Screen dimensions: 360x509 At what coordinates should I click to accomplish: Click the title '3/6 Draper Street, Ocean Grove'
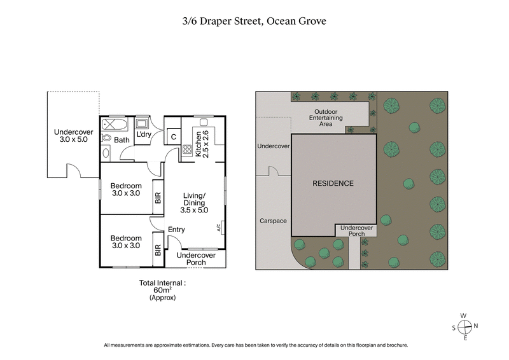(254, 21)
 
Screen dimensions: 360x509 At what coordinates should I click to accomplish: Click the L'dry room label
(143, 134)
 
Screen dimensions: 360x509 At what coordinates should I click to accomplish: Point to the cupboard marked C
(172, 136)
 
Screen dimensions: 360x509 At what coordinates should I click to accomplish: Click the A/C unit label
(219, 226)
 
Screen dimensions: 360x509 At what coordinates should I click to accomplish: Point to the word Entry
(176, 230)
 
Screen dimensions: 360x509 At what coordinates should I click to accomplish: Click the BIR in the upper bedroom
(157, 198)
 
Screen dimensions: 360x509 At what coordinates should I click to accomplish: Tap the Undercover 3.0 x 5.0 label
(72, 134)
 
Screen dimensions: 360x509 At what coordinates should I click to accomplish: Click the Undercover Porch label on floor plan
(196, 258)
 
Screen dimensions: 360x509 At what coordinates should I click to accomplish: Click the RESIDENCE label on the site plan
(333, 183)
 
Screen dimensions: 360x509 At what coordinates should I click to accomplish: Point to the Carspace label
(273, 221)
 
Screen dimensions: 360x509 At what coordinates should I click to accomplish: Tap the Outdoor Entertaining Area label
(326, 119)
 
